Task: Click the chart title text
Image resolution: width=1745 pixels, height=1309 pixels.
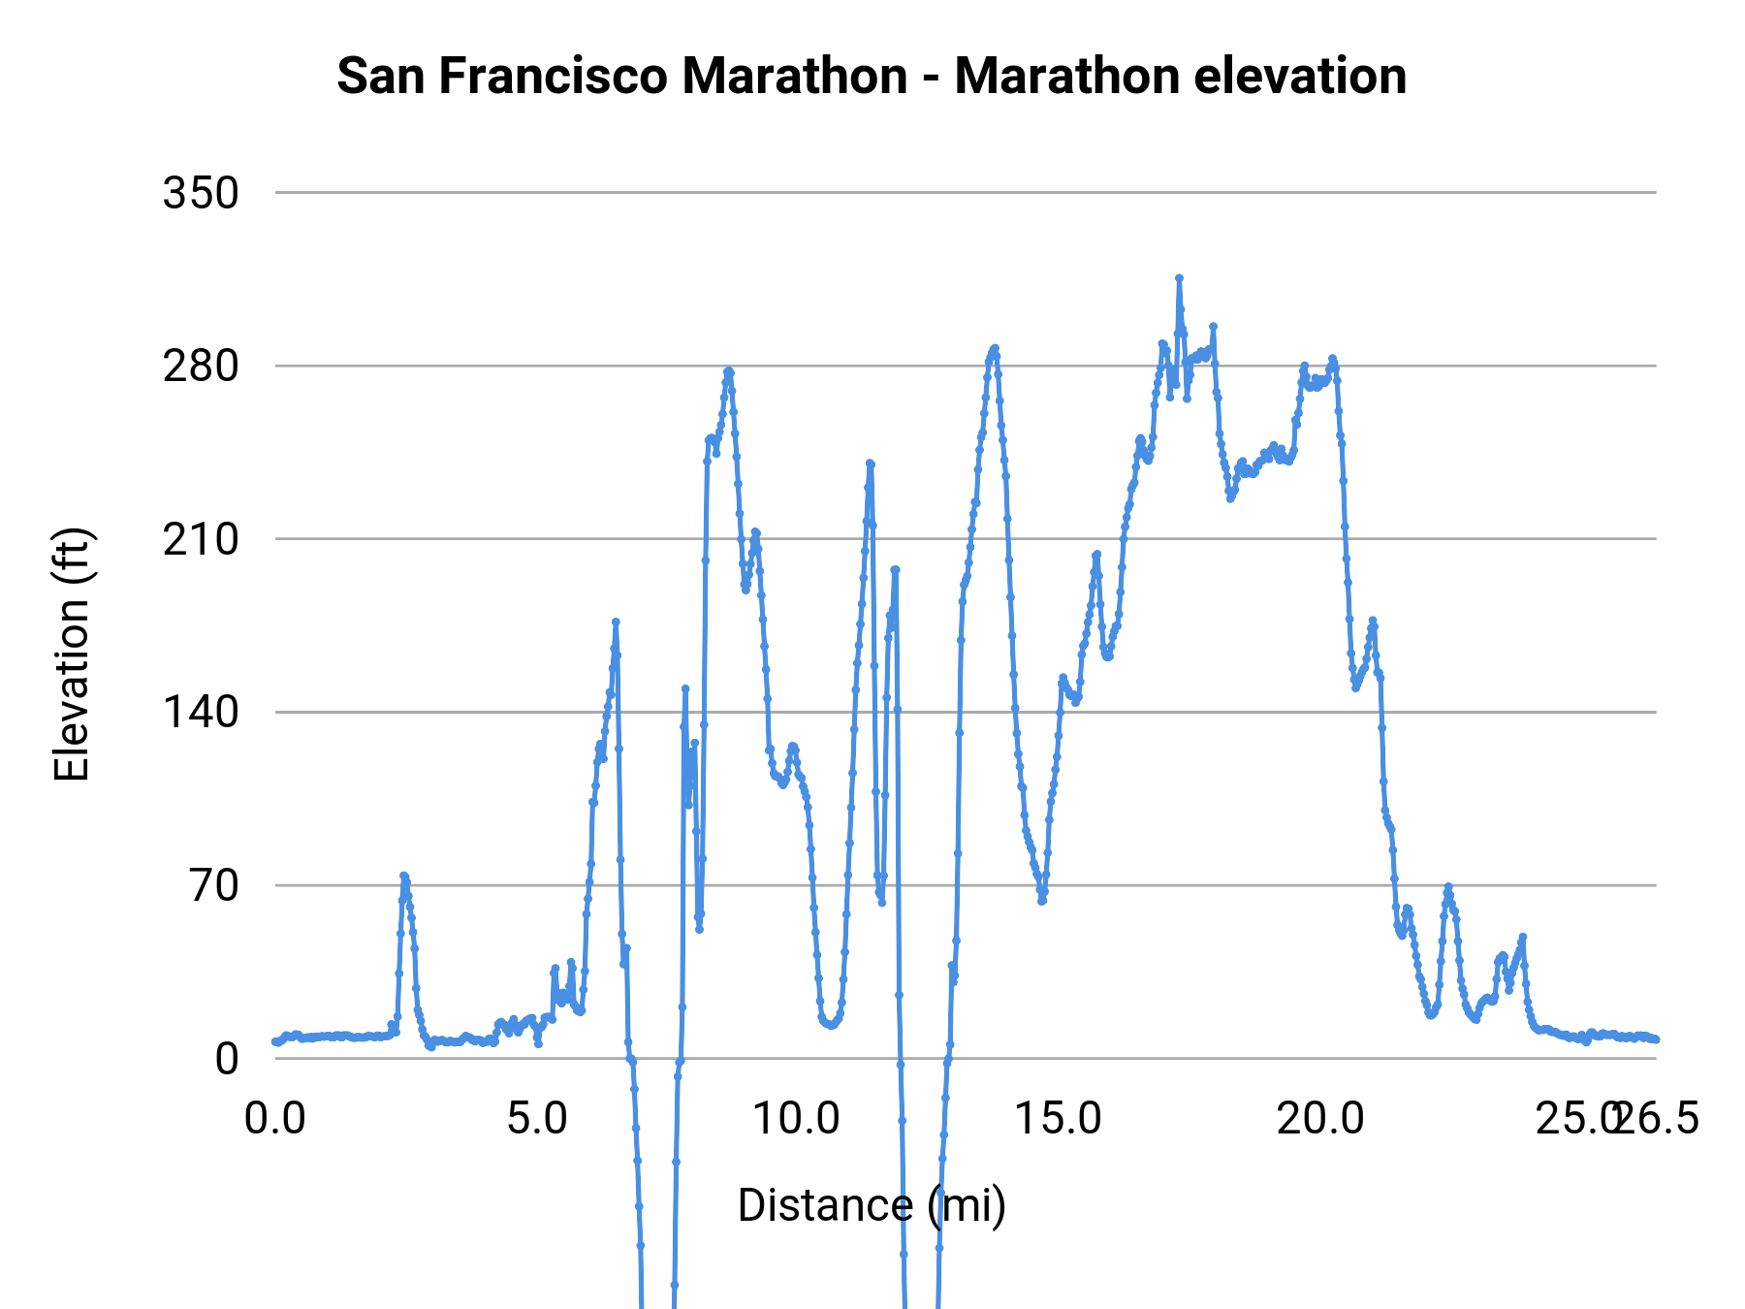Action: point(872,76)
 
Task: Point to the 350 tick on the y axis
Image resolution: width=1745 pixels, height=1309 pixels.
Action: point(201,193)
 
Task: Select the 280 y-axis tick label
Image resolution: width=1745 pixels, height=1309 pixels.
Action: point(201,367)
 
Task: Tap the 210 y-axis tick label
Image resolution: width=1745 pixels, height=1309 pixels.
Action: point(201,539)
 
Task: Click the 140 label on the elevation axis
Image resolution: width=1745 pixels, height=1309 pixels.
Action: point(201,713)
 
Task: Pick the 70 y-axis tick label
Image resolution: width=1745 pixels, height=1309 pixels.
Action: point(214,885)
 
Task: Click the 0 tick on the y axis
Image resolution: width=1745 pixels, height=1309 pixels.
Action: point(227,1058)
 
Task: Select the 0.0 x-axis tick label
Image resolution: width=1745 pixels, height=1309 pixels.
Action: point(275,1119)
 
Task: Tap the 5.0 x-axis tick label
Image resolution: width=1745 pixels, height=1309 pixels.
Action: point(537,1119)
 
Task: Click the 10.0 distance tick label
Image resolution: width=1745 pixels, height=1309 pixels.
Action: point(797,1119)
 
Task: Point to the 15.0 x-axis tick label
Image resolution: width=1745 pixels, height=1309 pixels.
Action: point(1059,1119)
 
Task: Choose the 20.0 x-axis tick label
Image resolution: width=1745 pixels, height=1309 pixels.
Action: point(1320,1119)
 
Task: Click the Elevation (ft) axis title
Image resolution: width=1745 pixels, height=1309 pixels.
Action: point(72,654)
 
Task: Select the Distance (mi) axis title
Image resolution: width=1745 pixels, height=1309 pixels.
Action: point(872,1205)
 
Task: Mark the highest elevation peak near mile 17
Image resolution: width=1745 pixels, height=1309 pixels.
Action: point(1179,278)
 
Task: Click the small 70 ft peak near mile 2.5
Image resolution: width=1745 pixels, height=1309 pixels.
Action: point(403,876)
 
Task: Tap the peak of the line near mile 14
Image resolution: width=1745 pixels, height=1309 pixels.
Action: point(995,348)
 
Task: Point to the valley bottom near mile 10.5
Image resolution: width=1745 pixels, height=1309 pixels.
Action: point(830,1025)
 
